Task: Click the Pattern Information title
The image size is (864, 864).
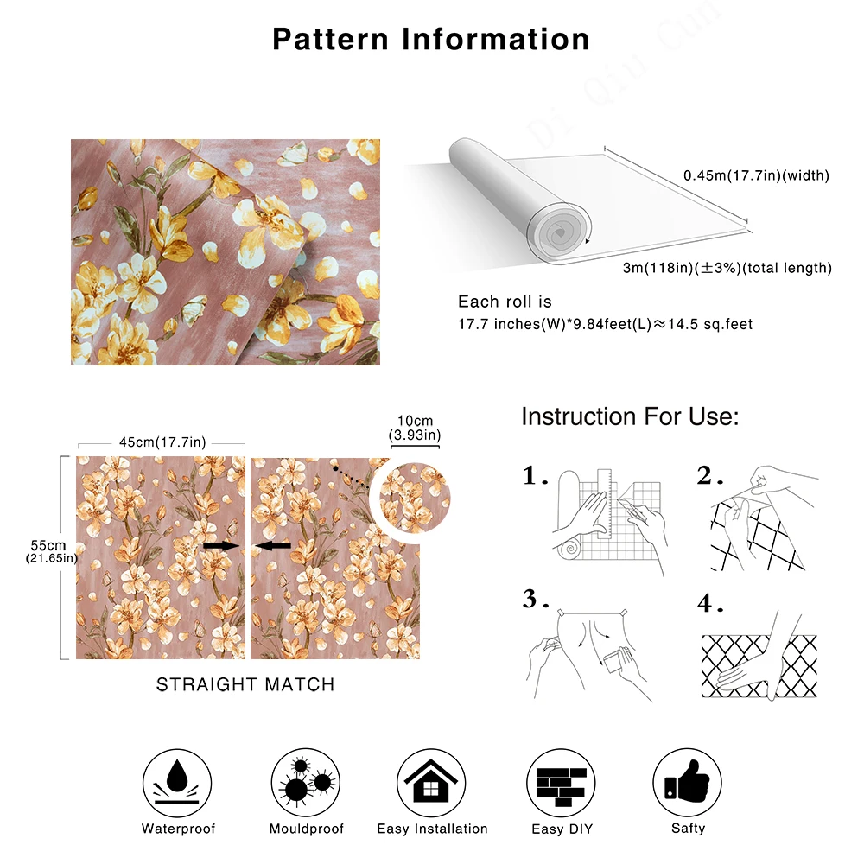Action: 431,40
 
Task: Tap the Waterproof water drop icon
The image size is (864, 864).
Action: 178,777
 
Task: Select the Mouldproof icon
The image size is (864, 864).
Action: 306,777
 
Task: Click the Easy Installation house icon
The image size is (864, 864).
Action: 432,777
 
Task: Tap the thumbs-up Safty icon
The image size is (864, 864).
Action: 687,777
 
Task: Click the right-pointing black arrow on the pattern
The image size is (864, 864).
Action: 221,546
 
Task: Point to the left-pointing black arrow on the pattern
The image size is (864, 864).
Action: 274,546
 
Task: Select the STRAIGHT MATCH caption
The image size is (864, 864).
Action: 245,684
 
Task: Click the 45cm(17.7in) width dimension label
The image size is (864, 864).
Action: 162,442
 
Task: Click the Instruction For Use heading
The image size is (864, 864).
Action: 630,417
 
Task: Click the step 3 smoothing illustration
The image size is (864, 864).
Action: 588,652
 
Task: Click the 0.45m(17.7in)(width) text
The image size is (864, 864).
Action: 756,175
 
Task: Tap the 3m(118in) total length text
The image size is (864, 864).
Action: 727,268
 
